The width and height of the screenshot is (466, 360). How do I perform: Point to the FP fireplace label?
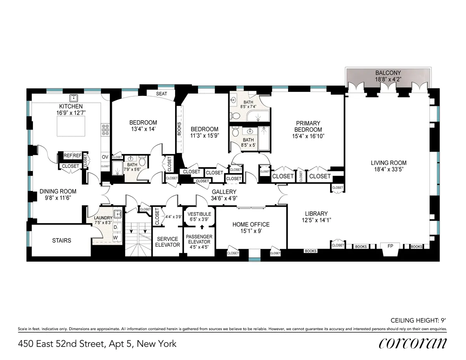[390, 246]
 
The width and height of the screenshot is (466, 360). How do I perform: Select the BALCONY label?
[388, 73]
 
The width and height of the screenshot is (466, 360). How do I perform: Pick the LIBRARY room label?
[316, 213]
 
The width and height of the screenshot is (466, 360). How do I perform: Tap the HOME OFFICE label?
[251, 224]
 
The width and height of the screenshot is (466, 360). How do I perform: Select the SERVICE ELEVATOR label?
[167, 242]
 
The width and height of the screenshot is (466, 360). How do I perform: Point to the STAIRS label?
[62, 241]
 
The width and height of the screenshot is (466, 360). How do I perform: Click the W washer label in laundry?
[115, 236]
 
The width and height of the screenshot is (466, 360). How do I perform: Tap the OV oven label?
[105, 157]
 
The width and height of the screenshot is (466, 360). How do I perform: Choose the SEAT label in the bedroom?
[162, 94]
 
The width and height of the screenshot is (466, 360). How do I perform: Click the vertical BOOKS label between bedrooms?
[179, 128]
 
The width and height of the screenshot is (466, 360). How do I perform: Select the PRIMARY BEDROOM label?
[308, 126]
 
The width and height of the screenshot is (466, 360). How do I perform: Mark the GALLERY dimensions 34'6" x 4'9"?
[224, 198]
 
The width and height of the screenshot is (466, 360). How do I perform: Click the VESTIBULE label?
[199, 214]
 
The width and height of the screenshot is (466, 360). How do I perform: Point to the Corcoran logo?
[412, 343]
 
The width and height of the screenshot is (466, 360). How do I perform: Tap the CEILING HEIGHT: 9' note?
[418, 320]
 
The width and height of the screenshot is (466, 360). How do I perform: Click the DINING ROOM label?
[58, 191]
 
